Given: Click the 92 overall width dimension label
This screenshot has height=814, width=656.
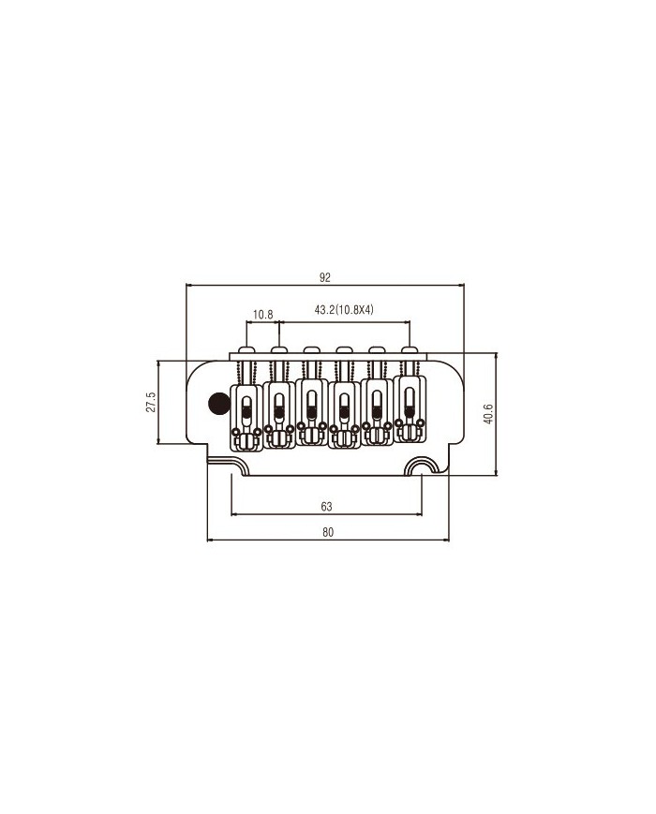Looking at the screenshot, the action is [324, 278].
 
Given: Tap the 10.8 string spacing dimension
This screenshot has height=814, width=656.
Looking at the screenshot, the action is [262, 314].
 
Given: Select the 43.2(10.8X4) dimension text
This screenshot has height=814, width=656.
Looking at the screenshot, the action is [344, 310].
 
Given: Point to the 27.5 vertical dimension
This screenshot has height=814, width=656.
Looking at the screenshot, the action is [151, 402].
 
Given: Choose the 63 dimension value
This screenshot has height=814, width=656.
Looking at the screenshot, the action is [326, 506].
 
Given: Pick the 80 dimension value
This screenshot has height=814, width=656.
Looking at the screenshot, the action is [328, 532].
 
